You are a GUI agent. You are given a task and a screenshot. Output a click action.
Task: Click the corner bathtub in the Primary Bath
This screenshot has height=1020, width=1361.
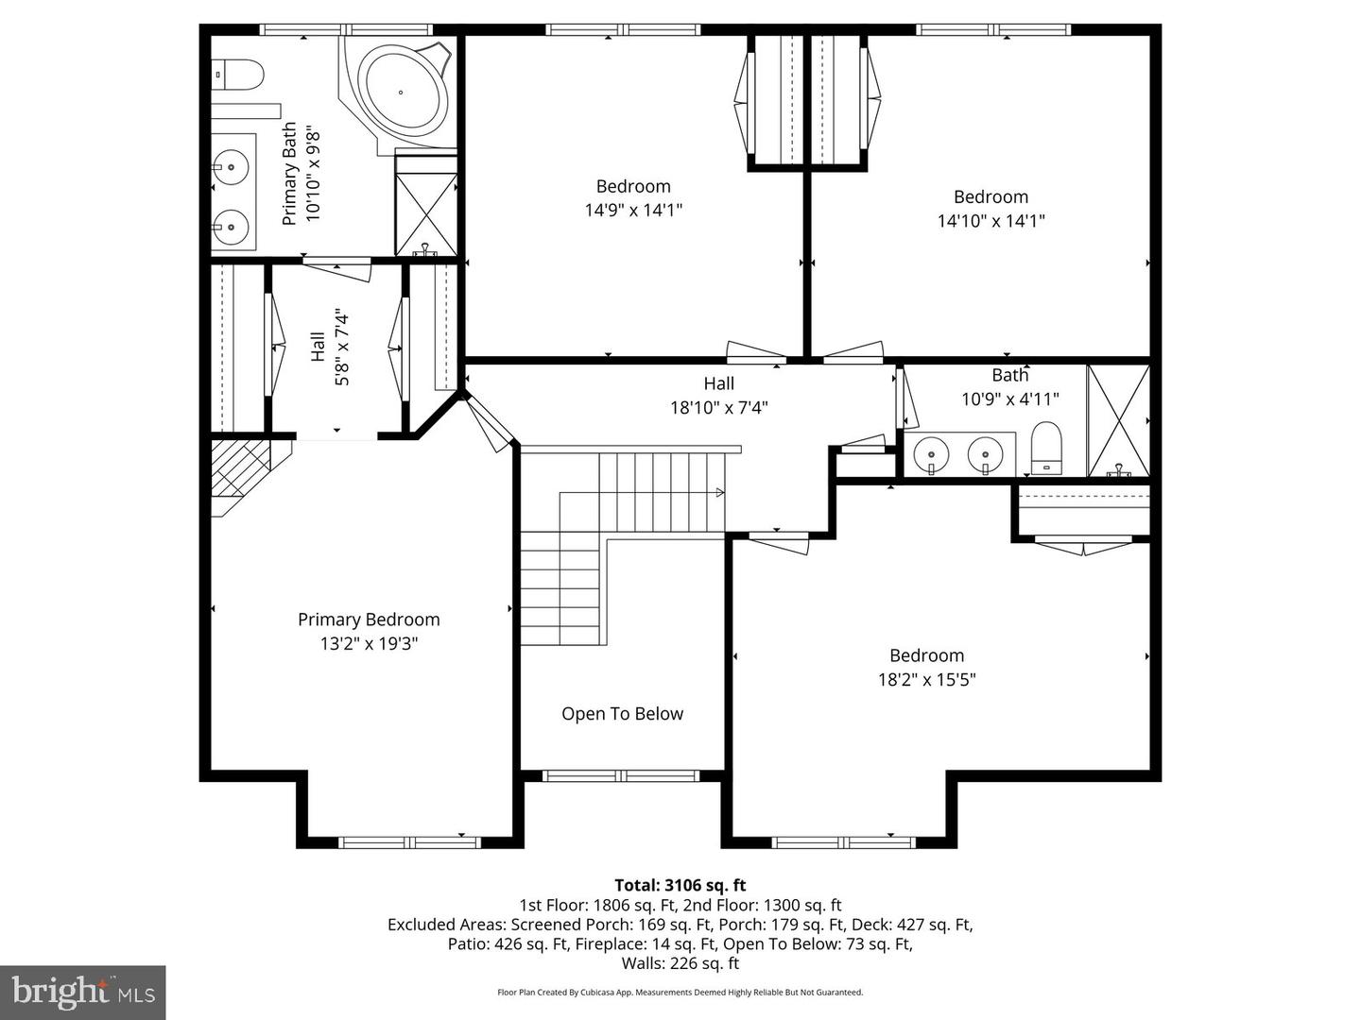[x=402, y=93]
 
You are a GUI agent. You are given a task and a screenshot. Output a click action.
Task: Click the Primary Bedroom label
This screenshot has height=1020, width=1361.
[x=369, y=620]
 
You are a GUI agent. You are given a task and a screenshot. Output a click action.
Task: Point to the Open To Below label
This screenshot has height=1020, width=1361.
[x=622, y=713]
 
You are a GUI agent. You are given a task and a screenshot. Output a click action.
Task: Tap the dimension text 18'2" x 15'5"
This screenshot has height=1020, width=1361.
[x=926, y=679]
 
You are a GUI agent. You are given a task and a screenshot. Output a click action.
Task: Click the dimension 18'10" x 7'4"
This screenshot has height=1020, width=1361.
[x=718, y=407]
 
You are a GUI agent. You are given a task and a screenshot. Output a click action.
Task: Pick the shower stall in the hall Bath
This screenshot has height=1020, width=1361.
[x=1118, y=421]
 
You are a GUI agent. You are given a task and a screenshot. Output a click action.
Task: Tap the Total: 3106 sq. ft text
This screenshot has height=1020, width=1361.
[x=680, y=885]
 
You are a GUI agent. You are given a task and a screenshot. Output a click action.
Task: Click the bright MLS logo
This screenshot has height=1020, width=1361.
[x=83, y=994]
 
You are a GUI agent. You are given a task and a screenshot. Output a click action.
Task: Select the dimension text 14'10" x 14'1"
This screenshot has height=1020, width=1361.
[x=991, y=220]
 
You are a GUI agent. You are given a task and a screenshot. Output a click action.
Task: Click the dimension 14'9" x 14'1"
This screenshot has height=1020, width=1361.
[x=633, y=210]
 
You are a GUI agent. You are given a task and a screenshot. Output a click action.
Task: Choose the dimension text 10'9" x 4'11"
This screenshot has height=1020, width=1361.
[x=1010, y=399]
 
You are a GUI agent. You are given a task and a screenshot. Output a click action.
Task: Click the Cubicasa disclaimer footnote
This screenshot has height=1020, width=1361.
[x=680, y=992]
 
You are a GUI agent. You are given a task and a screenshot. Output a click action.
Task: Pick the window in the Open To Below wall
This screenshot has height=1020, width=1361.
[x=621, y=776]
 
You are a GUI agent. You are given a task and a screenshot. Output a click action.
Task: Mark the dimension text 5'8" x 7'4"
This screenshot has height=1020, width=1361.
[x=341, y=347]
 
